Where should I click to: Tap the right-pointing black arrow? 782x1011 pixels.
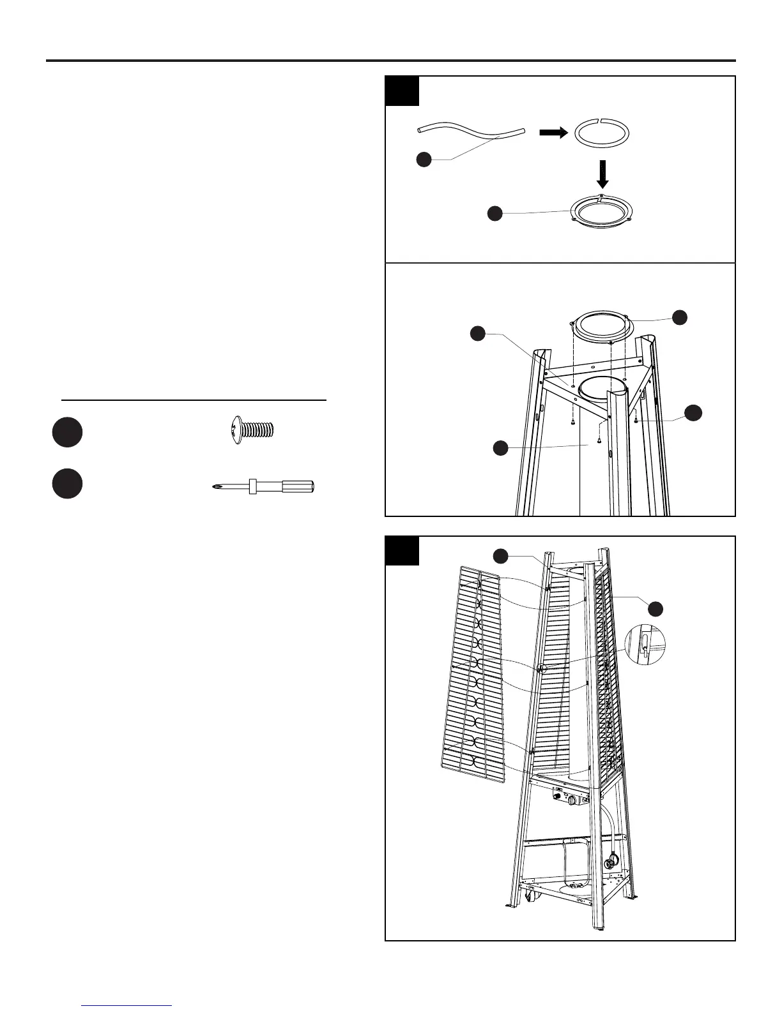(x=553, y=132)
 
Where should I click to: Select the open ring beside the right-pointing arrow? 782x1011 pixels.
(x=602, y=133)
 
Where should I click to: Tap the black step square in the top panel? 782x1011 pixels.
(x=402, y=91)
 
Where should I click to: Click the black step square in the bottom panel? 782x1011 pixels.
(x=402, y=551)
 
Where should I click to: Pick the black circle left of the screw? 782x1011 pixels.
(x=67, y=432)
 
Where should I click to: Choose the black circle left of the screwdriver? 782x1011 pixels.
(x=67, y=484)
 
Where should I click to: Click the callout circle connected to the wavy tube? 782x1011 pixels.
(x=424, y=159)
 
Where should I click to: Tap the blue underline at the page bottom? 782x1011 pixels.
(x=126, y=1005)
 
